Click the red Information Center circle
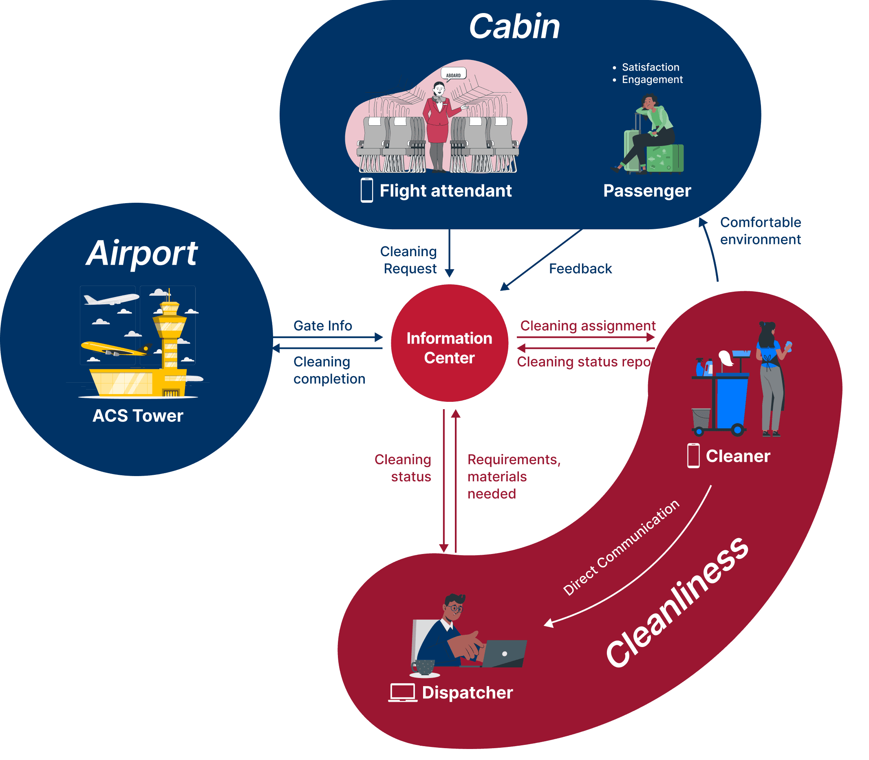[x=449, y=343]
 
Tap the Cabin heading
[x=514, y=26]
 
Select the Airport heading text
[x=142, y=253]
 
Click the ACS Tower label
[x=138, y=416]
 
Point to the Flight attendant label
[x=446, y=191]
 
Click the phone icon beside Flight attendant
[x=366, y=191]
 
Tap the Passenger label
[x=647, y=191]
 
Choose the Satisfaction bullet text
[x=650, y=67]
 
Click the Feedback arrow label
[x=580, y=268]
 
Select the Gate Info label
[x=322, y=325]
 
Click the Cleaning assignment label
[x=588, y=325]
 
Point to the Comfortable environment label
[x=760, y=231]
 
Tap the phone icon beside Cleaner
[x=693, y=456]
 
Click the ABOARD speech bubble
[x=453, y=75]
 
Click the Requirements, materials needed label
[x=514, y=476]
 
